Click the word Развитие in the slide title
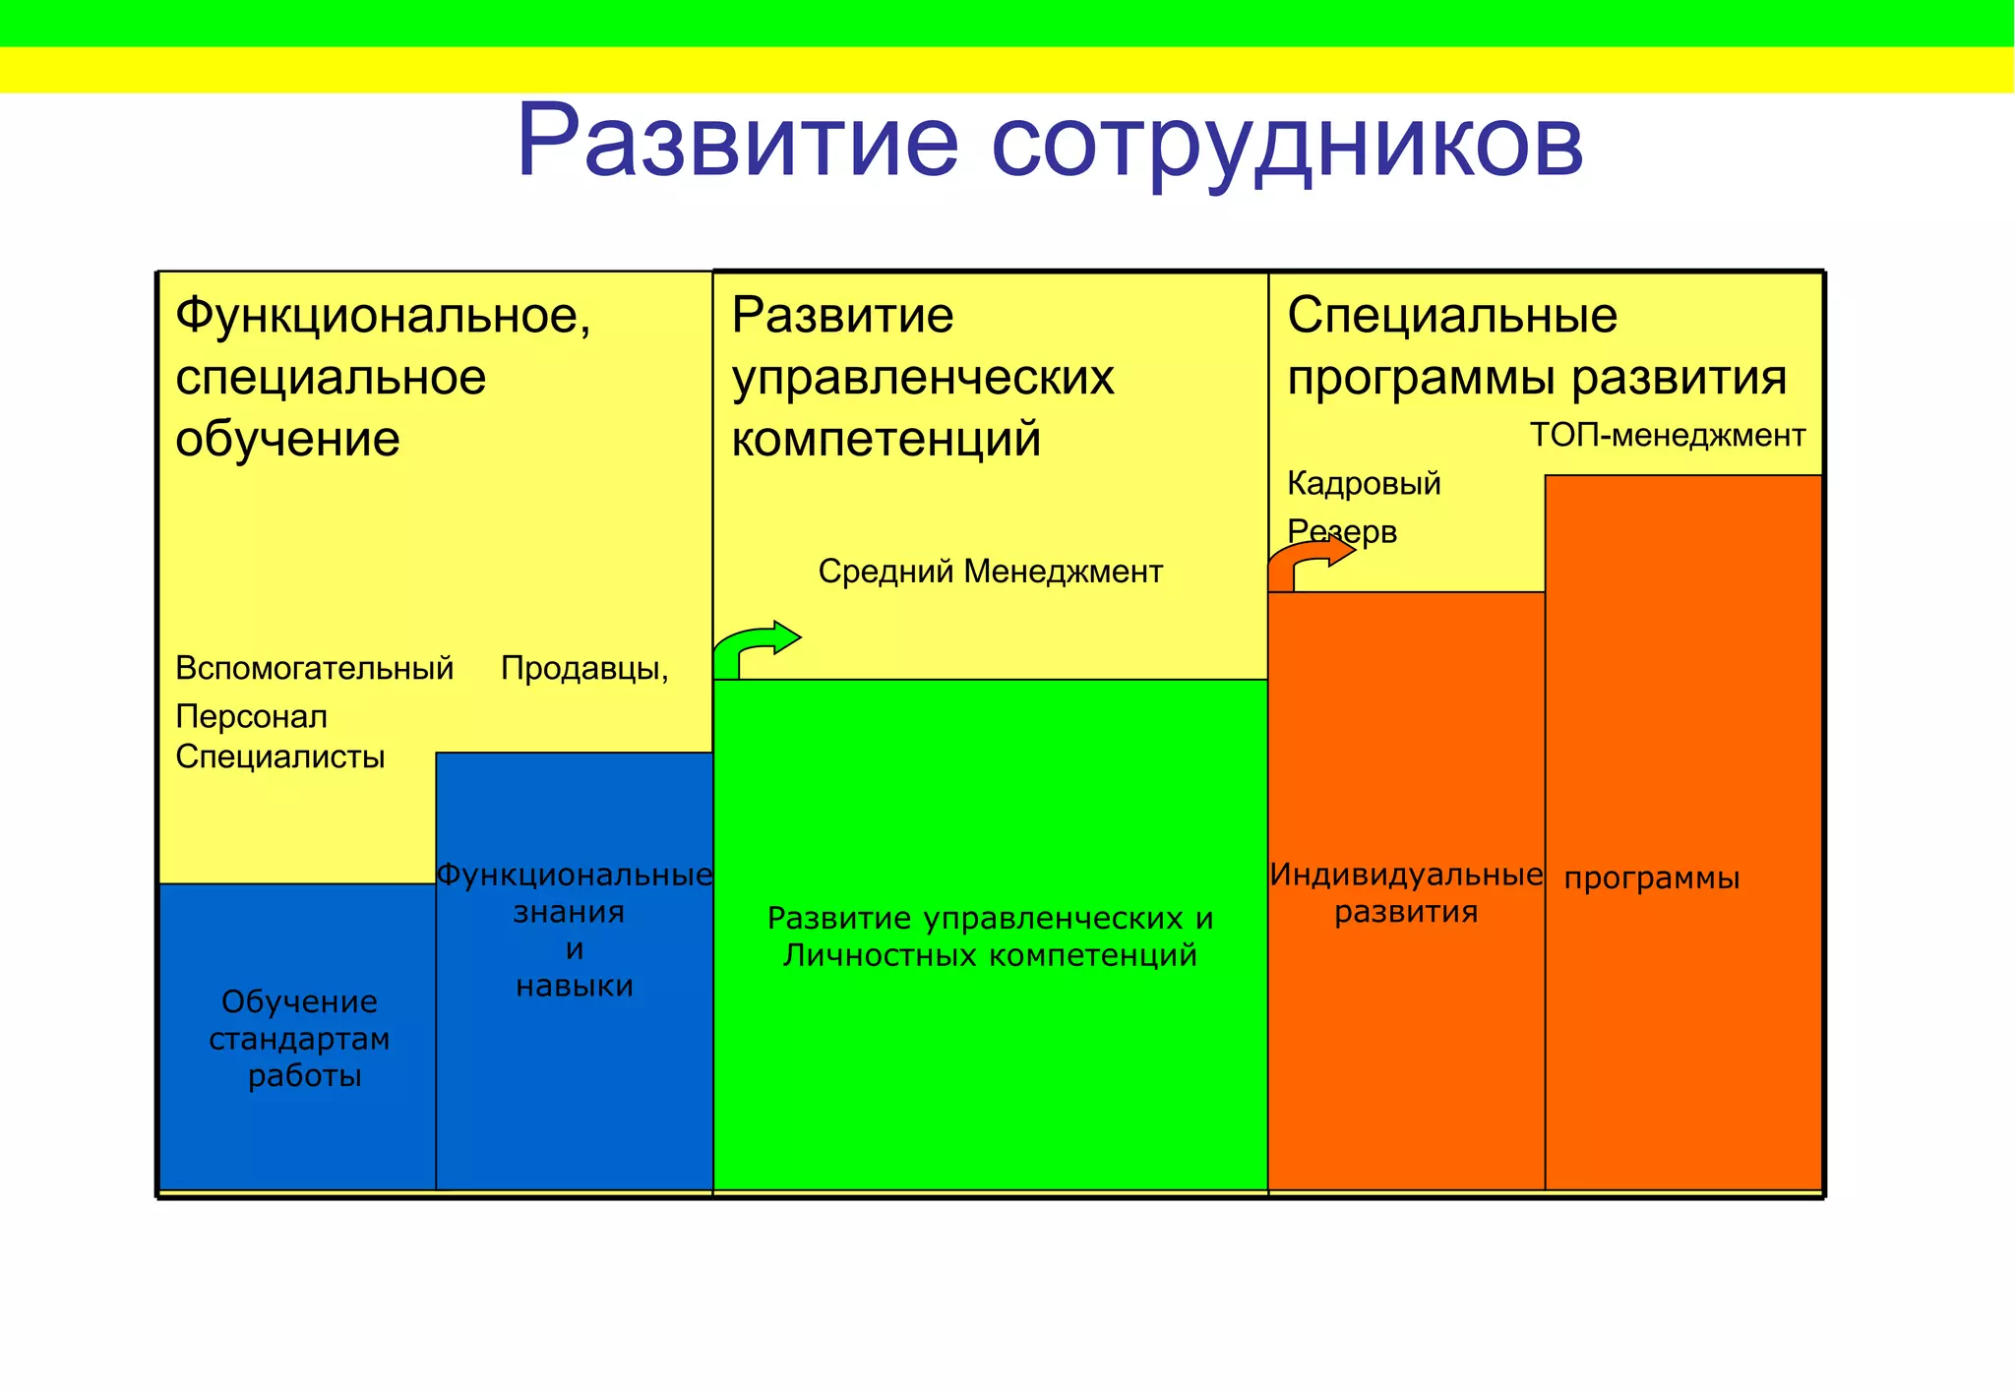pyautogui.click(x=738, y=140)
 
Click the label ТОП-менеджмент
pyautogui.click(x=1668, y=435)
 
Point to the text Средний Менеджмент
pyautogui.click(x=990, y=571)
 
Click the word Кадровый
pyautogui.click(x=1364, y=483)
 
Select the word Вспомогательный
pyautogui.click(x=314, y=668)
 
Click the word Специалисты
pyautogui.click(x=279, y=756)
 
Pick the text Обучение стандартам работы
pyautogui.click(x=300, y=1038)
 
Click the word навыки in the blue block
pyautogui.click(x=575, y=986)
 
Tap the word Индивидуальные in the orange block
pyautogui.click(x=1406, y=874)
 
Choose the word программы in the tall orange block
pyautogui.click(x=1652, y=877)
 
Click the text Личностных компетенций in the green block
pyautogui.click(x=990, y=954)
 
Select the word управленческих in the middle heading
pyautogui.click(x=923, y=378)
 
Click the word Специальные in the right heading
pyautogui.click(x=1452, y=316)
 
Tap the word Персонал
pyautogui.click(x=251, y=716)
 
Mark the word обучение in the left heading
pyautogui.click(x=287, y=439)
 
